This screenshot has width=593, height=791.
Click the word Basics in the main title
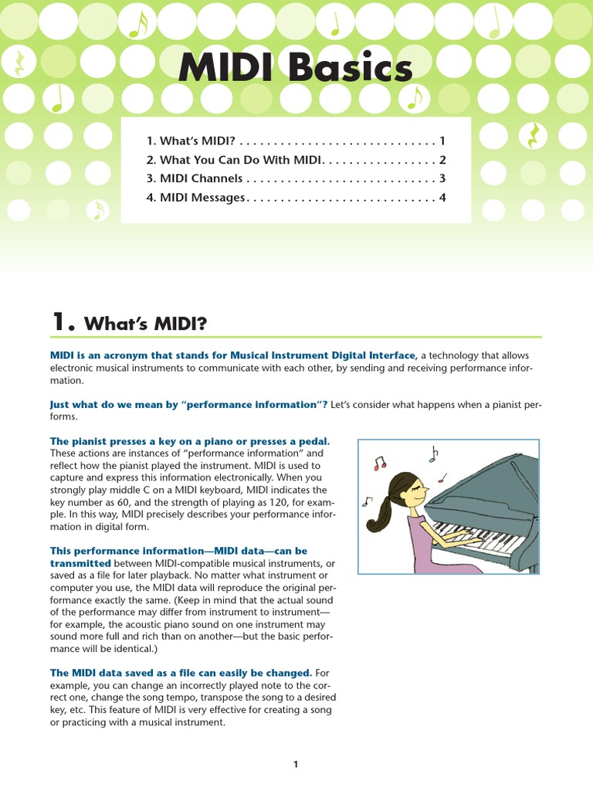pos(351,70)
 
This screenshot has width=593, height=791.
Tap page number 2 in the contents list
pos(442,160)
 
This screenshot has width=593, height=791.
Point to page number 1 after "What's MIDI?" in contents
pos(442,141)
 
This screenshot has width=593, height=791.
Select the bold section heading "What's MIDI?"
pos(145,323)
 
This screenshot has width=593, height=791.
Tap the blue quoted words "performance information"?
pos(262,404)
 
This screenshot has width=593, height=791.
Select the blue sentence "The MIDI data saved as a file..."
pos(181,673)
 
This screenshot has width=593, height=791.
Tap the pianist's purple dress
pos(424,541)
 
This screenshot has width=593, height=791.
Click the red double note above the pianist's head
pos(378,464)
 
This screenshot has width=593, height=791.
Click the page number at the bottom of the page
pos(296,764)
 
